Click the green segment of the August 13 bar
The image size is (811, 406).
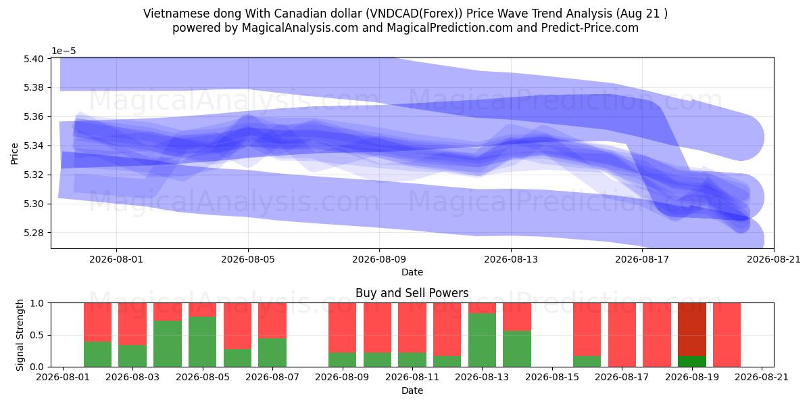(482, 340)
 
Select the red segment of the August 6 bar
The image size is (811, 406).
(237, 326)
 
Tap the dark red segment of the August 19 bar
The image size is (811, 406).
(692, 330)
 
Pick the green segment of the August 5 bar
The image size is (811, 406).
(202, 342)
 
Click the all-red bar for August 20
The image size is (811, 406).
(727, 335)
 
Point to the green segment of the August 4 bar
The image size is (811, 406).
(168, 344)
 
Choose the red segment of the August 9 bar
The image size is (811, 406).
(342, 328)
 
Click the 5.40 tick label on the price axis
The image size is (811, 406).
(33, 59)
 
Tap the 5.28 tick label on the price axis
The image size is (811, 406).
(33, 233)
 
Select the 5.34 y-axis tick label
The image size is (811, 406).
(33, 145)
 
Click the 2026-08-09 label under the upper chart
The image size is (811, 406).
(379, 260)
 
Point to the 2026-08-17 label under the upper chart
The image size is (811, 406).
(642, 260)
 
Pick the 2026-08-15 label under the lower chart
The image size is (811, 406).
(552, 378)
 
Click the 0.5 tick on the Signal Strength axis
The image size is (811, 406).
(37, 335)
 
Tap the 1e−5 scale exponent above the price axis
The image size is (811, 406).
(64, 51)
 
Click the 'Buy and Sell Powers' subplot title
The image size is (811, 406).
(412, 293)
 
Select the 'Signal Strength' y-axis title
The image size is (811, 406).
(20, 335)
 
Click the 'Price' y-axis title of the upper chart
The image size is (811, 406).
(14, 154)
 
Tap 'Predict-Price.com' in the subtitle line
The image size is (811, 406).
(590, 28)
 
